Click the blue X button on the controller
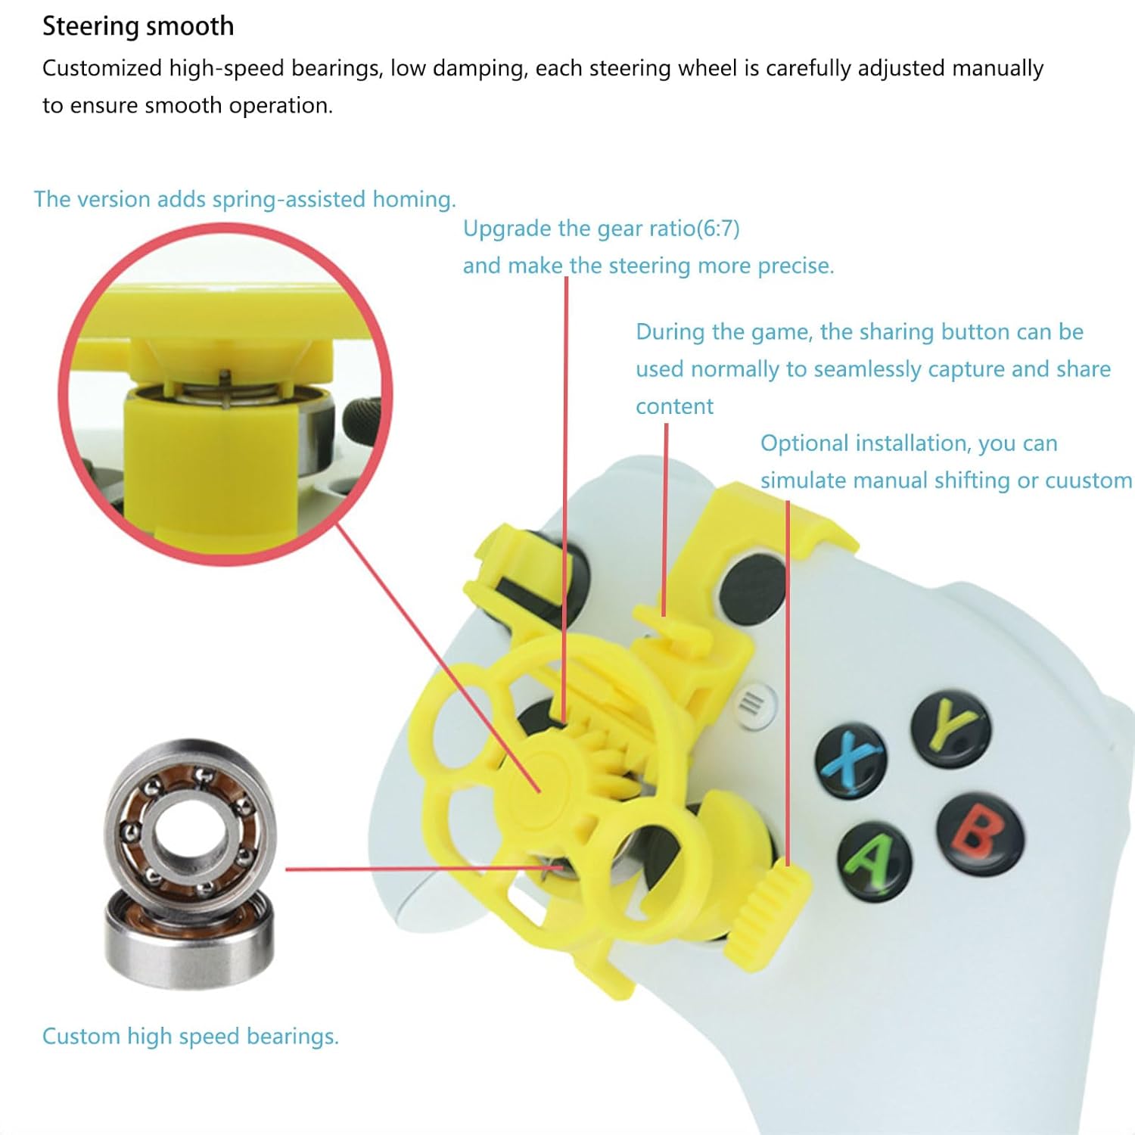(x=851, y=759)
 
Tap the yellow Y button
(x=951, y=729)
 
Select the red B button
(x=981, y=834)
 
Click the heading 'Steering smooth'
(x=138, y=26)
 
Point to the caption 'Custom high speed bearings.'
(x=190, y=1036)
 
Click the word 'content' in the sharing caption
(x=674, y=406)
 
